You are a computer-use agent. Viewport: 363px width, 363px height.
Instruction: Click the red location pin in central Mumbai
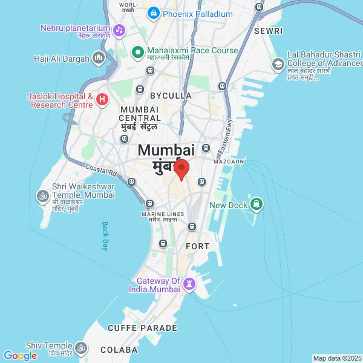tap(181, 169)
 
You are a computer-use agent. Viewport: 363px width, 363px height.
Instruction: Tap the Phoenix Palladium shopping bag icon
tap(154, 13)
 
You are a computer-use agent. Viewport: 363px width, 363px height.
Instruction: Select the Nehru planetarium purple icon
tap(119, 30)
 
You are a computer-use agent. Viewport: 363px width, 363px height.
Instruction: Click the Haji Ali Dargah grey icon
tap(99, 59)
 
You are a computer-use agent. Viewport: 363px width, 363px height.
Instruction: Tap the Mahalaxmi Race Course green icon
tap(137, 51)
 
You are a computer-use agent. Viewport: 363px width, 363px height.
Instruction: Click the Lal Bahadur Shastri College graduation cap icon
tap(278, 64)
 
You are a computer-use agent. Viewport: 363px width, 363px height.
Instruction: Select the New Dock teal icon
tap(257, 204)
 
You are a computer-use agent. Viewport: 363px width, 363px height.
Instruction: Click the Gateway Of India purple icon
tap(191, 283)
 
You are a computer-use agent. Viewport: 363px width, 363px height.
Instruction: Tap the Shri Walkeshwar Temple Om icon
tap(42, 195)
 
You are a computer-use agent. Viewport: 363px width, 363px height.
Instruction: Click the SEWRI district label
tap(268, 30)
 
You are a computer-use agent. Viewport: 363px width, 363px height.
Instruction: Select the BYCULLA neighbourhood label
tap(171, 96)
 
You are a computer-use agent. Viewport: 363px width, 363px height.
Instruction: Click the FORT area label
tap(197, 246)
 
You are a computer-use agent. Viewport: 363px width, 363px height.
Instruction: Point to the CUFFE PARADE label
tap(143, 328)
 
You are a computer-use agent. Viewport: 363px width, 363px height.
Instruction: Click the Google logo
tap(20, 356)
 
